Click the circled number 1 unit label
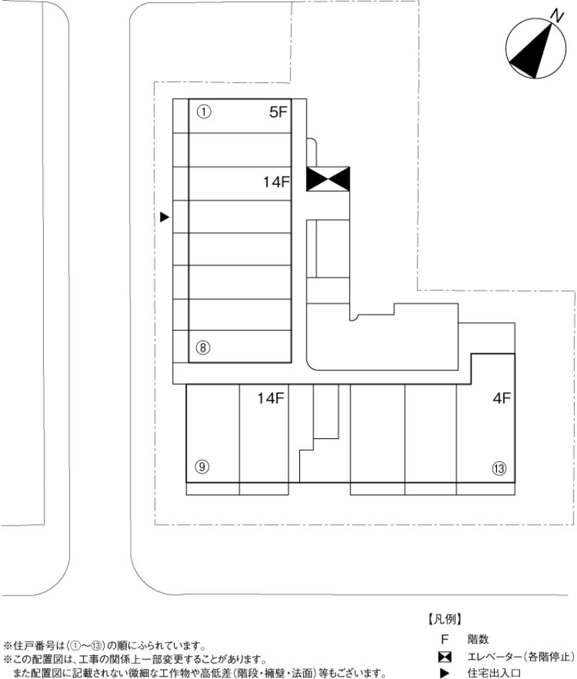pos(203,112)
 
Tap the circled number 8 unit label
pos(203,347)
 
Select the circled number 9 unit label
pos(202,467)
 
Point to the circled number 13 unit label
pos(499,468)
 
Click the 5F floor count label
pos(278,112)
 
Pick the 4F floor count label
pos(501,398)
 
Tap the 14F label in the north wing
pos(276,182)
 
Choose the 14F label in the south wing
pos(270,398)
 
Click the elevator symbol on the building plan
pos(328,179)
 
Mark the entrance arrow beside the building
pos(164,217)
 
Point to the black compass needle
pos(532,51)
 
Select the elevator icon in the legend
pos(444,657)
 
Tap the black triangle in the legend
pos(444,673)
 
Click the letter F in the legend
pos(444,639)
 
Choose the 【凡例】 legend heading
pos(445,619)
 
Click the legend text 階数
pos(478,639)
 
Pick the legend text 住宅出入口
pos(494,673)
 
